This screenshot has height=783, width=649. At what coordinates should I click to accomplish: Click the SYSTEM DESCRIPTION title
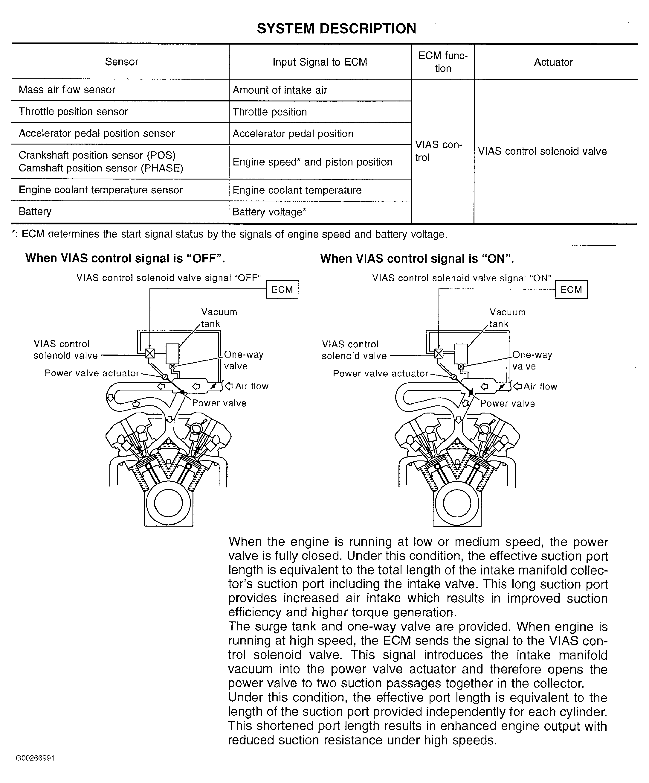coord(336,29)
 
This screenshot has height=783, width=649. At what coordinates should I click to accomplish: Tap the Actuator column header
coord(553,62)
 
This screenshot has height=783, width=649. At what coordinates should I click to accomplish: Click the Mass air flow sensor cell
coord(67,90)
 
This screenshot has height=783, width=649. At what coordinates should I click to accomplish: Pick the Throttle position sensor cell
coord(74,112)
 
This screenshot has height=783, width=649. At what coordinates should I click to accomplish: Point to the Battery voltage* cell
coord(269,212)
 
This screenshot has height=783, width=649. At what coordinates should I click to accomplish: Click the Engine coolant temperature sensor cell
coord(100,190)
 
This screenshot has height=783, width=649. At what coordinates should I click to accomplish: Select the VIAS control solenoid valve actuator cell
coord(542,151)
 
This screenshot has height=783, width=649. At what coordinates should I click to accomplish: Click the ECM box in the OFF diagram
coord(282,289)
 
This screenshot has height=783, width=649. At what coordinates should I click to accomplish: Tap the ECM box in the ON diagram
coord(571,290)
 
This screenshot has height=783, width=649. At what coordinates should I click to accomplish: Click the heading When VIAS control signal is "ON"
coord(417,259)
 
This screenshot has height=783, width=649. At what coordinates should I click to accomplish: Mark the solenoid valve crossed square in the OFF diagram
coord(149,353)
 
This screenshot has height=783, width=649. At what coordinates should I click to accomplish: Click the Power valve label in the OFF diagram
coord(219,403)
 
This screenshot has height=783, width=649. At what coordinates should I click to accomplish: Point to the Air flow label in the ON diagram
coord(540,386)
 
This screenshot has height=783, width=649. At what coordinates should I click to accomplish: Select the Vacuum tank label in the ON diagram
coord(507,318)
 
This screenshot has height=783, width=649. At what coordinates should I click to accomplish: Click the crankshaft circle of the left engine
coord(168,503)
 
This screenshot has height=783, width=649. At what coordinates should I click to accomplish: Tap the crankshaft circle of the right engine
coord(457,503)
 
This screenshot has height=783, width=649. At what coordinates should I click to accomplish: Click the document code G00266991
coord(35,758)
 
